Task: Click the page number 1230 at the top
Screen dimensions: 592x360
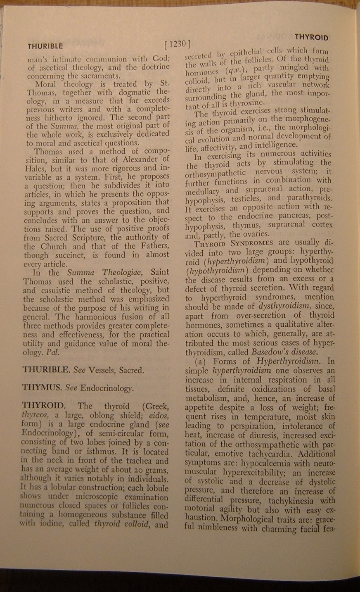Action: point(177,44)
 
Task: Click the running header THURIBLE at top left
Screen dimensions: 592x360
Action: point(45,46)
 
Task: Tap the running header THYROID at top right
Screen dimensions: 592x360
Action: point(312,37)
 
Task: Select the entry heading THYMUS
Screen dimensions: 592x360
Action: point(40,388)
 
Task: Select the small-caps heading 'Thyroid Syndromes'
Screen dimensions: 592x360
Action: point(234,243)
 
